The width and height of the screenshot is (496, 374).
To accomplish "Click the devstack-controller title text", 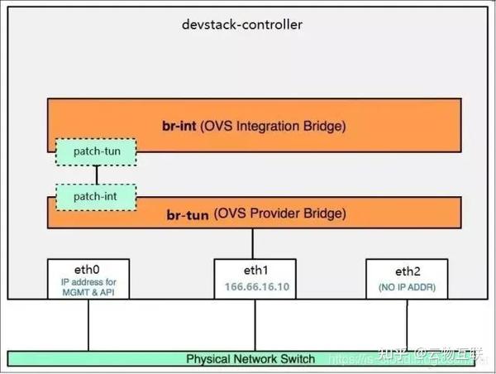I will [x=242, y=24].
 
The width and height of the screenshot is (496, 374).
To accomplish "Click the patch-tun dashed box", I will [x=96, y=151].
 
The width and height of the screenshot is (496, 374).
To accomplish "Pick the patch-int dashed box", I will [x=96, y=197].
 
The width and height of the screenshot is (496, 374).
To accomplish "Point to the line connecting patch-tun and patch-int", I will [x=97, y=175].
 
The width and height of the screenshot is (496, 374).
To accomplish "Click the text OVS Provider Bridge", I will [x=280, y=213].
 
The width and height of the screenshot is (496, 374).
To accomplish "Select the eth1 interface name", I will [x=254, y=270].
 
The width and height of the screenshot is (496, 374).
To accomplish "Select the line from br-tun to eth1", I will [x=254, y=243].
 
